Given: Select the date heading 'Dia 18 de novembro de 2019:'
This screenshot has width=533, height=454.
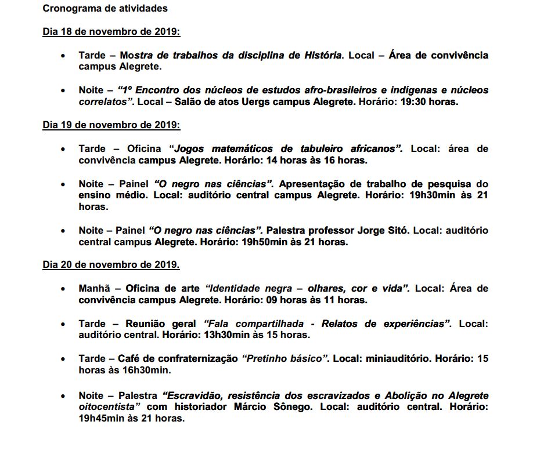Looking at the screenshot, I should pyautogui.click(x=111, y=32).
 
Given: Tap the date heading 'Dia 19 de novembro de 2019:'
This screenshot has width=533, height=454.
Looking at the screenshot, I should pyautogui.click(x=111, y=125).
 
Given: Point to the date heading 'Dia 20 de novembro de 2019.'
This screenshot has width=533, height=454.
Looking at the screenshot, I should pyautogui.click(x=111, y=265).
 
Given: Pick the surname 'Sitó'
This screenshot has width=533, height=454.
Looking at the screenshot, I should pyautogui.click(x=396, y=231).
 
